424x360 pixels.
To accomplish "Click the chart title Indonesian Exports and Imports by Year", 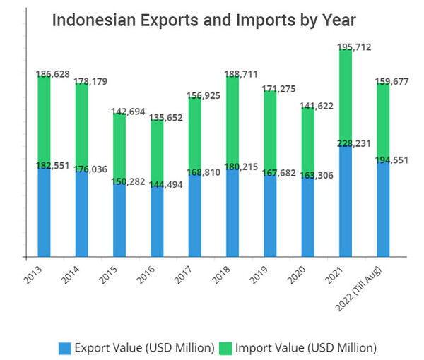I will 204,20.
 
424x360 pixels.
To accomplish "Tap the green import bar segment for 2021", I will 346,99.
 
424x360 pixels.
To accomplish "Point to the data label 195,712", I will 352,48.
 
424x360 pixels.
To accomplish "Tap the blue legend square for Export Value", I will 64,347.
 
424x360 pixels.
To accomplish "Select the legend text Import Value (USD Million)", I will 306,347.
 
